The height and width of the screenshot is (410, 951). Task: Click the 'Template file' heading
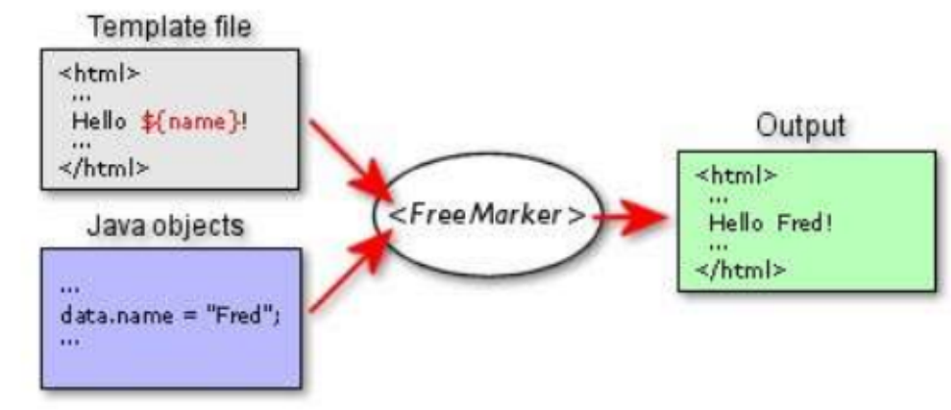tap(170, 27)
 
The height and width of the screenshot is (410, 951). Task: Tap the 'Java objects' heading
tap(166, 227)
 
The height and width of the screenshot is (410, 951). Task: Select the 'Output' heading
tap(800, 127)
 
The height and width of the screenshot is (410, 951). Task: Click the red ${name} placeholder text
tap(194, 122)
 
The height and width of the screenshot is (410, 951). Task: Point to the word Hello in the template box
tap(98, 122)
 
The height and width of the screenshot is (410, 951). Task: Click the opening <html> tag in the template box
tap(99, 75)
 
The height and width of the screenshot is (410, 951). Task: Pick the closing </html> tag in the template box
tap(104, 167)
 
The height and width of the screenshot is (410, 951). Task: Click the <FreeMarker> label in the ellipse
tap(487, 216)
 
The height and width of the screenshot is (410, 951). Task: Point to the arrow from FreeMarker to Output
tap(630, 217)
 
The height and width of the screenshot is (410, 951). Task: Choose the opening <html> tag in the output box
tap(735, 177)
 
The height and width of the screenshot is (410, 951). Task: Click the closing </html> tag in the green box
tap(740, 269)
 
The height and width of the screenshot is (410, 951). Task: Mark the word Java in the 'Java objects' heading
tap(113, 227)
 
